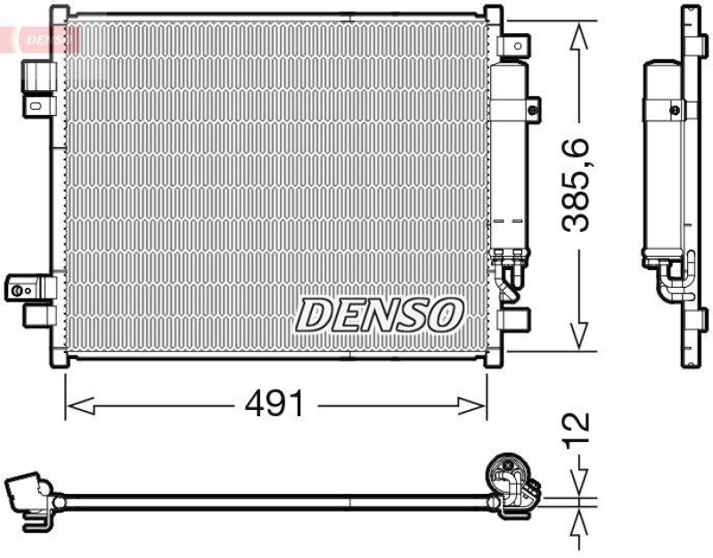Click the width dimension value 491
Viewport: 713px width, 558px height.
(275, 406)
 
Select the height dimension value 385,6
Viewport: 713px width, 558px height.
(579, 185)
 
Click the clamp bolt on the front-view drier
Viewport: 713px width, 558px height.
(531, 111)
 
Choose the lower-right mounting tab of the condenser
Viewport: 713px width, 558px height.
(513, 319)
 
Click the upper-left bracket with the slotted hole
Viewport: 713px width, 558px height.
(37, 105)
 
